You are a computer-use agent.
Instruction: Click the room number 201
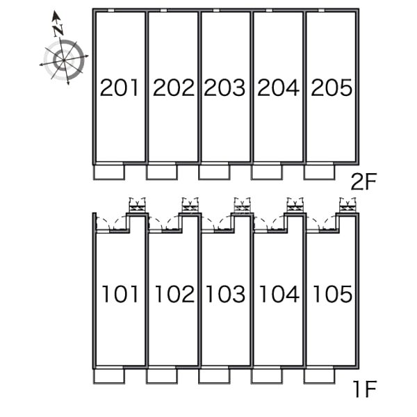(120, 88)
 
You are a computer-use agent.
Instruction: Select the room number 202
(173, 88)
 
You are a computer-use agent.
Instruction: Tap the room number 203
(225, 88)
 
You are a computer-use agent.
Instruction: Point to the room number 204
(278, 88)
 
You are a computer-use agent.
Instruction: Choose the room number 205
(332, 88)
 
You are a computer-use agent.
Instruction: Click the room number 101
(120, 295)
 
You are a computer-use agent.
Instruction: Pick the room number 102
(173, 295)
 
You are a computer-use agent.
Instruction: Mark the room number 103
(225, 295)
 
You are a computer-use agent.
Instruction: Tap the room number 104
(278, 295)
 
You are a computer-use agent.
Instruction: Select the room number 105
(332, 295)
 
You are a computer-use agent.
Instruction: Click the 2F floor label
(363, 183)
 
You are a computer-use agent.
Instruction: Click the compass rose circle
(64, 60)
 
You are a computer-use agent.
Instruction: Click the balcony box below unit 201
(108, 171)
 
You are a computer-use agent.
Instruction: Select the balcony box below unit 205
(319, 171)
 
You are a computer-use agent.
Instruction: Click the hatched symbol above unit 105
(347, 204)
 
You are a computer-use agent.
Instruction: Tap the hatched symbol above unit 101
(137, 204)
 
